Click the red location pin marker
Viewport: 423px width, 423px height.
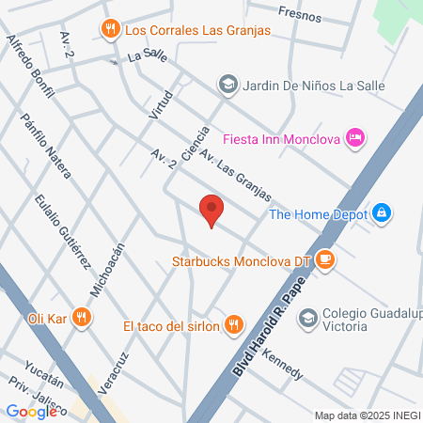point(211,211)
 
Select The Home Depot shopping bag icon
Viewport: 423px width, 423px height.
point(381,213)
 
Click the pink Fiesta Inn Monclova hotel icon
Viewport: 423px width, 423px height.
point(354,138)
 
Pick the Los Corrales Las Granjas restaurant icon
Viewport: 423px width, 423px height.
point(111,29)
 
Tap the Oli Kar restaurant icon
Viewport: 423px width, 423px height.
point(83,318)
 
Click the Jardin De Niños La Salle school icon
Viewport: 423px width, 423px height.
point(227,85)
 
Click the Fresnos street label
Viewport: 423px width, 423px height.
point(300,16)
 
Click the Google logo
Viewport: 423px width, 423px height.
point(32,411)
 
